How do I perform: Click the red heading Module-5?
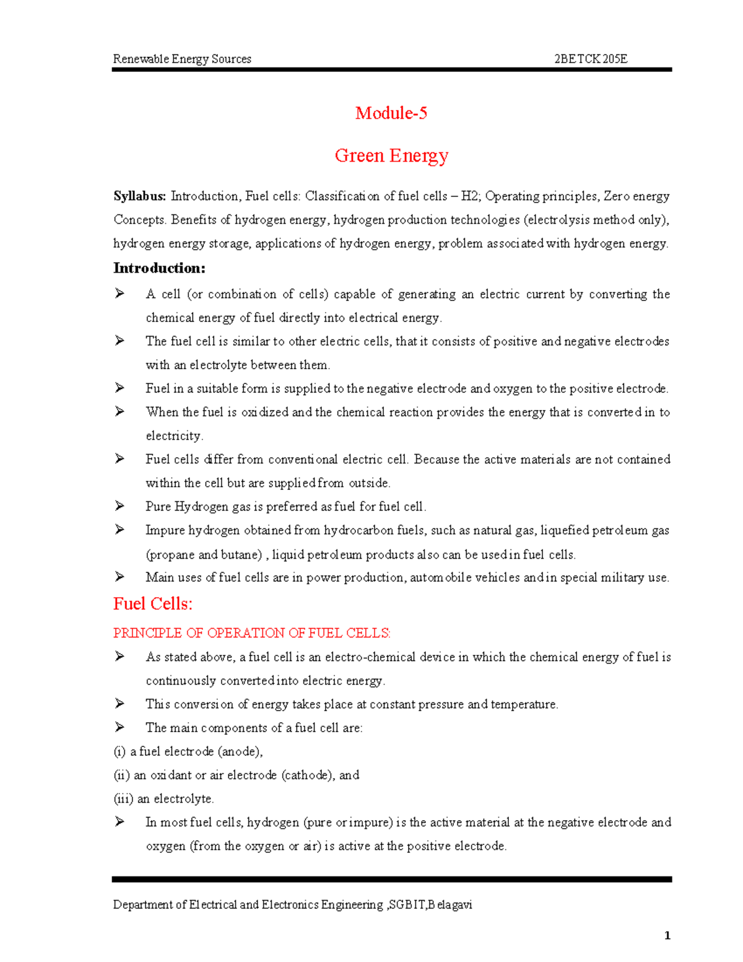click(x=391, y=113)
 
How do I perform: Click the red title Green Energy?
click(x=391, y=155)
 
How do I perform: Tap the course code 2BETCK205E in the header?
click(x=590, y=59)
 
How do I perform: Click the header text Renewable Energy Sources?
click(x=182, y=59)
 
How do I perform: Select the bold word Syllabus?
click(x=139, y=196)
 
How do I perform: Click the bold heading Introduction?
click(x=159, y=268)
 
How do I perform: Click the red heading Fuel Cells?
click(x=153, y=603)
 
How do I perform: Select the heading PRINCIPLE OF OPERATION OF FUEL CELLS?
click(x=251, y=633)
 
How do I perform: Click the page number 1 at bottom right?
click(x=667, y=935)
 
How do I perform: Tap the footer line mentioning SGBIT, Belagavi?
click(x=292, y=904)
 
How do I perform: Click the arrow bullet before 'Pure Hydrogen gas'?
click(x=119, y=506)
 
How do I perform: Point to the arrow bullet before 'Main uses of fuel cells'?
click(x=119, y=577)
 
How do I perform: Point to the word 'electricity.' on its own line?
click(x=174, y=435)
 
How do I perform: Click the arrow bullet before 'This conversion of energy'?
click(x=119, y=704)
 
